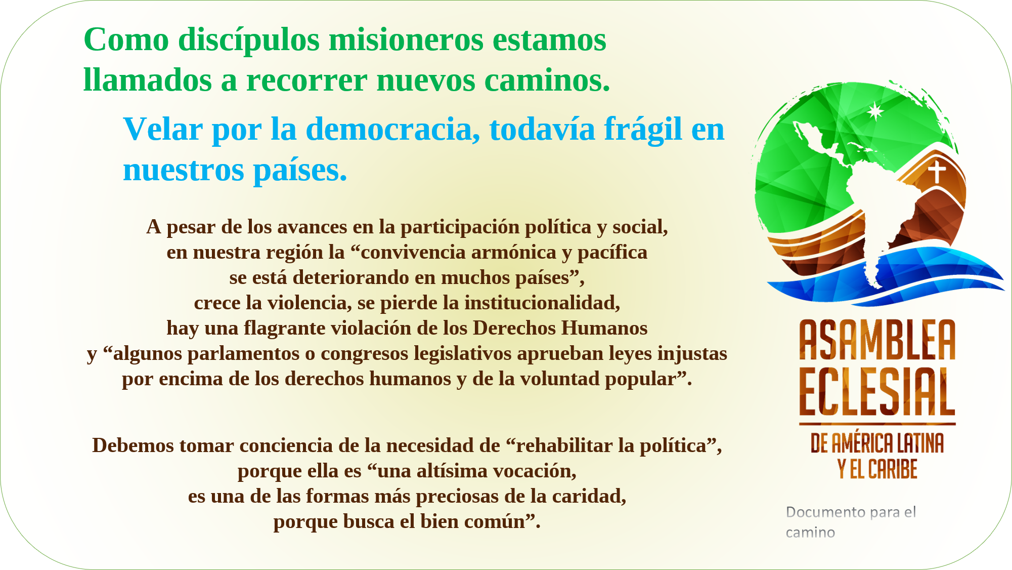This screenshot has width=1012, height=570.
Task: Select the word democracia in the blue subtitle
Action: [393, 129]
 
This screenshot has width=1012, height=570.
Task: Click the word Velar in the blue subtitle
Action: [163, 129]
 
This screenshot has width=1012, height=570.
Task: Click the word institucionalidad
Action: [542, 303]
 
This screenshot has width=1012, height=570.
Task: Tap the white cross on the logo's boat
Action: [937, 171]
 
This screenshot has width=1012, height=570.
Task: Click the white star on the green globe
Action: [875, 111]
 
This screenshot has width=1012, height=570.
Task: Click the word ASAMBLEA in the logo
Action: [877, 340]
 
